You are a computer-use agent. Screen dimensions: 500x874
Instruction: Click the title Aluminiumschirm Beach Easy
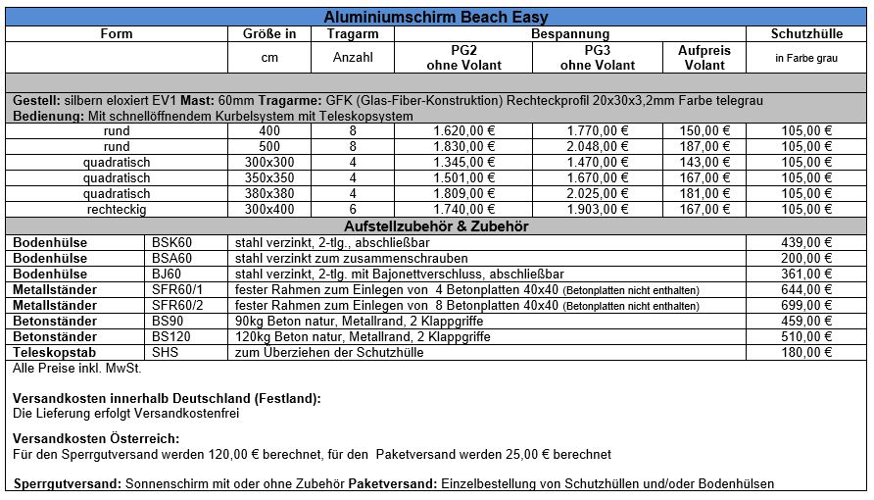click(436, 17)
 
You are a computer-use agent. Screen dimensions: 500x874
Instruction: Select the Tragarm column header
click(353, 33)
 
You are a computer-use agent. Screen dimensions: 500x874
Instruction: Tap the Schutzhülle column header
click(807, 33)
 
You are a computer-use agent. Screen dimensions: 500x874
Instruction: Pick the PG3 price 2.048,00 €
click(597, 146)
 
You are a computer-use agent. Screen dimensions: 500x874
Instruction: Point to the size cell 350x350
click(269, 177)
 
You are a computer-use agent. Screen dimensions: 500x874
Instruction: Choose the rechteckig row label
click(117, 209)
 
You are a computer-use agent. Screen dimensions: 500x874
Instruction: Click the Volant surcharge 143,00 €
click(704, 162)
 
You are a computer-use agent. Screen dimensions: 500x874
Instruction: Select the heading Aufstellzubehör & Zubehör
click(436, 225)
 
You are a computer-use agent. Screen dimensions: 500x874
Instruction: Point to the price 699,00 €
click(807, 305)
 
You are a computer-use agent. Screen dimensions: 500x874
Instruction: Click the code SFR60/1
click(173, 289)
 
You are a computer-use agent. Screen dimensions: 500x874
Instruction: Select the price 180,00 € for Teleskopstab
click(807, 352)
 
